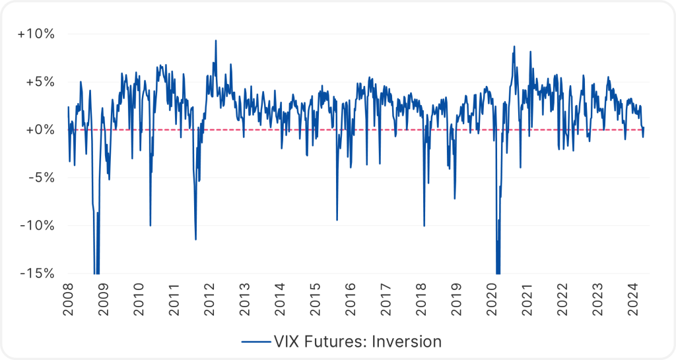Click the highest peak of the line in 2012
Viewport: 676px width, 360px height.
pos(215,40)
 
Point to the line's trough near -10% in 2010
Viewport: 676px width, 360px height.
pos(151,225)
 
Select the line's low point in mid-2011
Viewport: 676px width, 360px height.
pos(195,239)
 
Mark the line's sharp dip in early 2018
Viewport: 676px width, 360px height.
pos(424,225)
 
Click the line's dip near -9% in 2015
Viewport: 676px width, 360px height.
pos(337,220)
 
